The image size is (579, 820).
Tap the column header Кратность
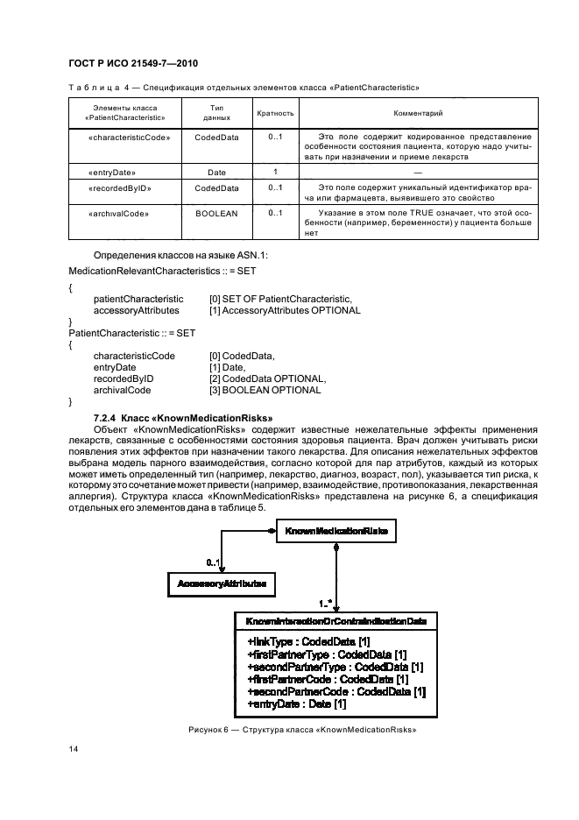(274, 113)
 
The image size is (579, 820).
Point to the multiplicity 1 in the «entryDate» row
(275, 172)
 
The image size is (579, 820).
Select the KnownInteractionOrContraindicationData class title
(336, 621)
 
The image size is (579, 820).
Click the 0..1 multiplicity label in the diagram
(214, 562)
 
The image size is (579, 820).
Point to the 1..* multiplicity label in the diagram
(325, 604)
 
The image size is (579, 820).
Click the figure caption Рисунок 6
(301, 729)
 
